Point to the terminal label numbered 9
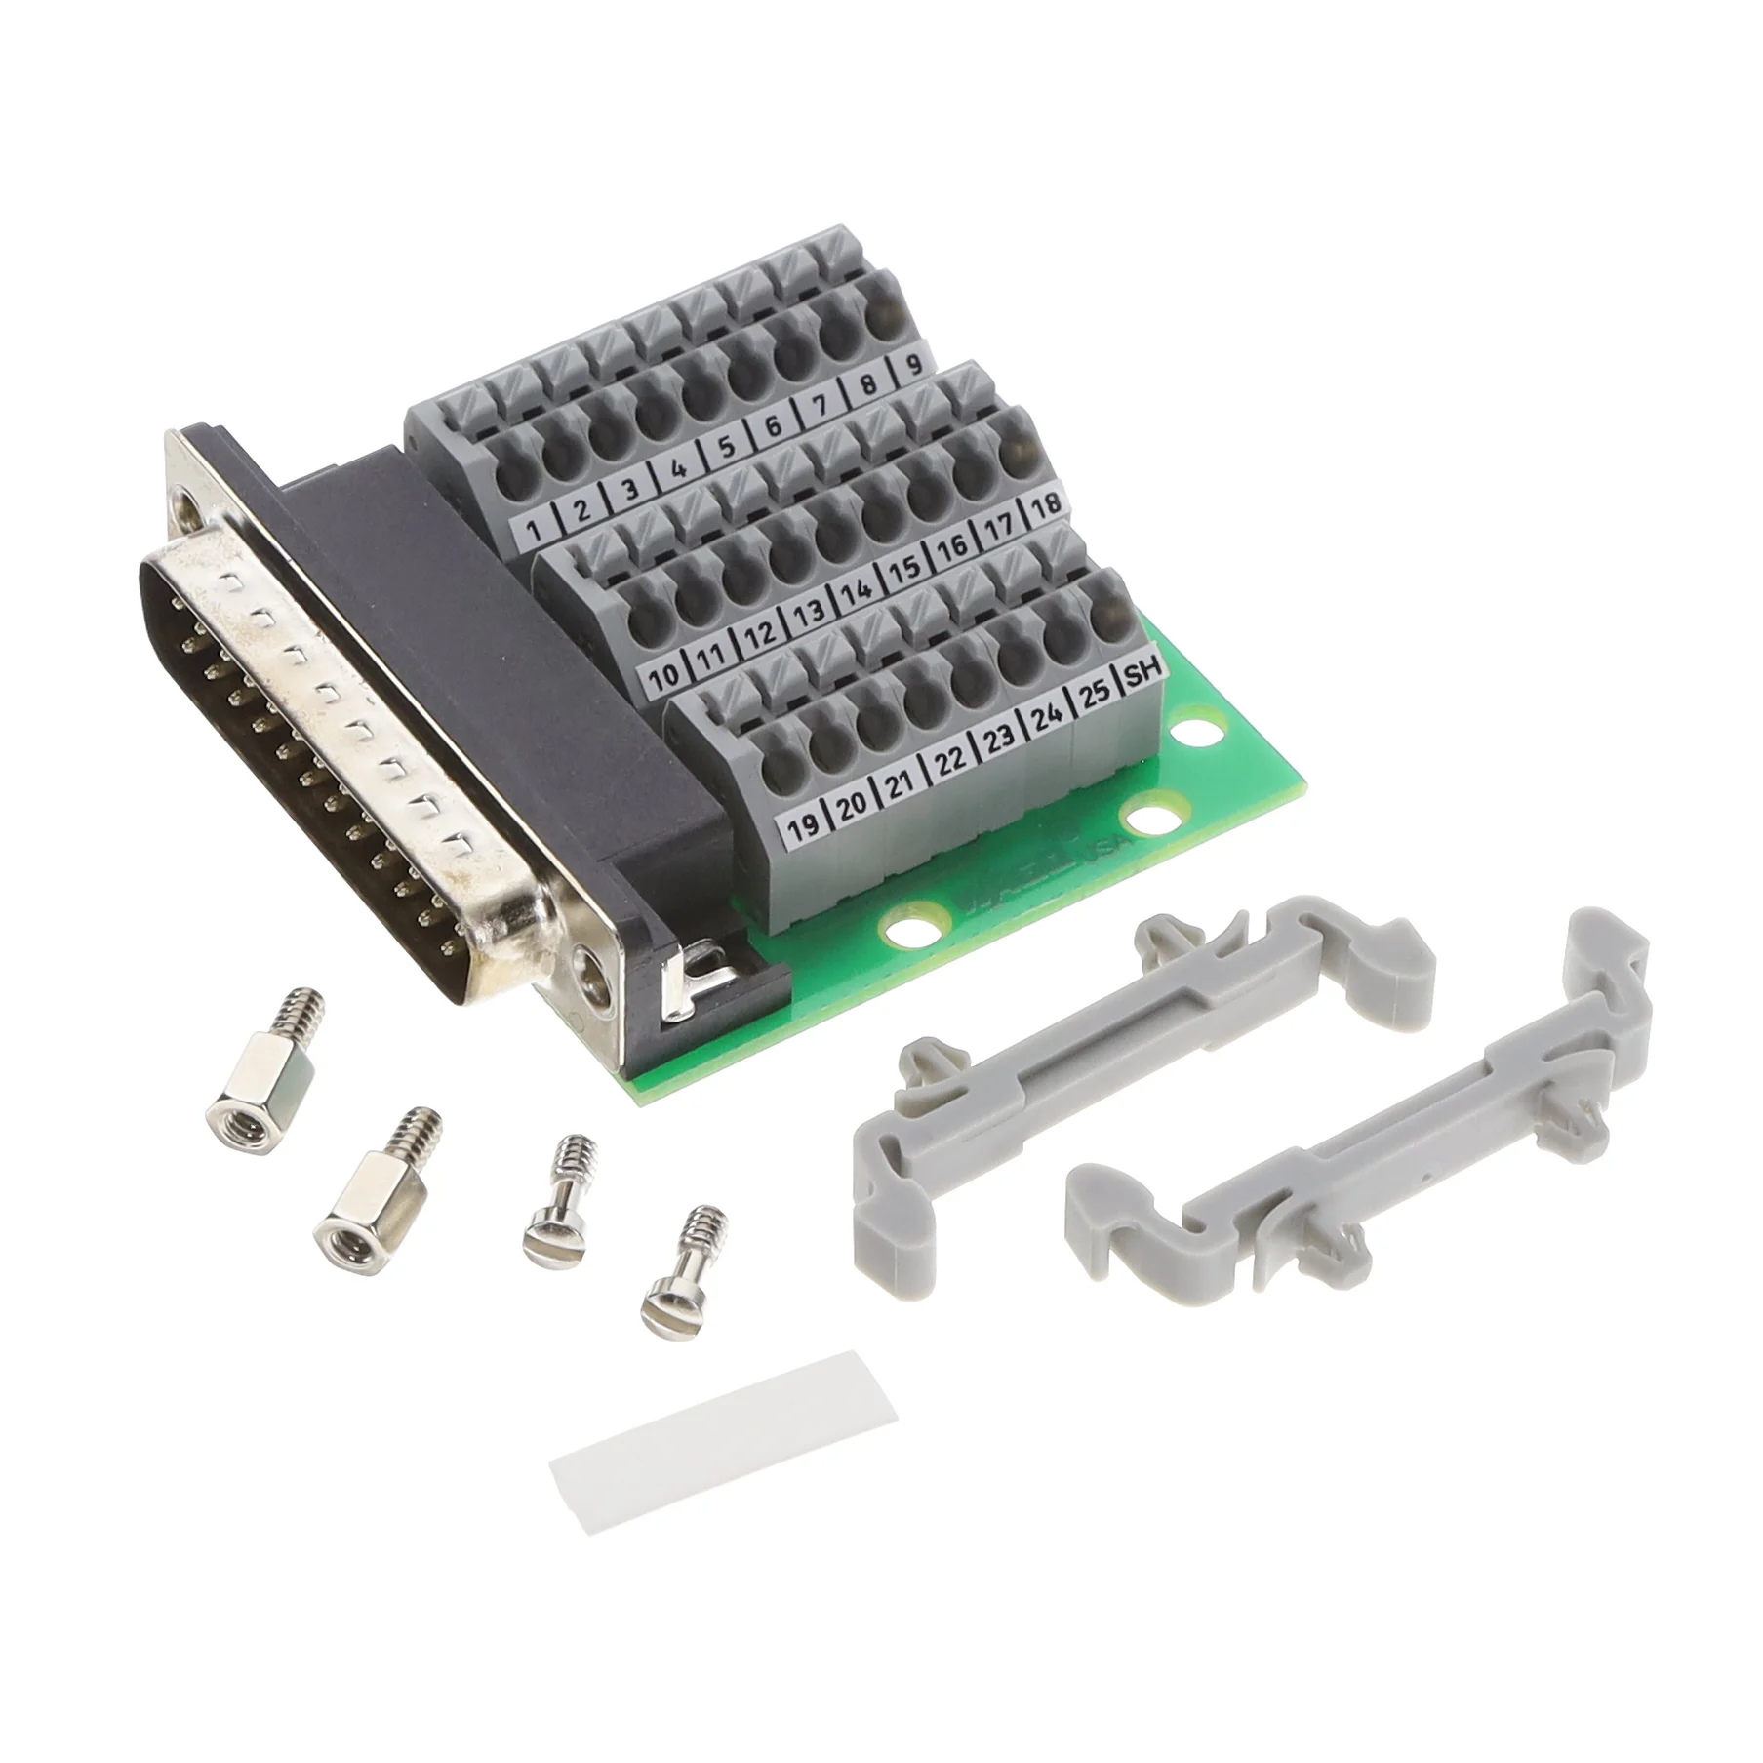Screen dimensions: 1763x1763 tap(914, 366)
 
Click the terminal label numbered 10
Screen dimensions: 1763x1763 tap(664, 674)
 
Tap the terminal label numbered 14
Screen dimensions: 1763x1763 tap(856, 590)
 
